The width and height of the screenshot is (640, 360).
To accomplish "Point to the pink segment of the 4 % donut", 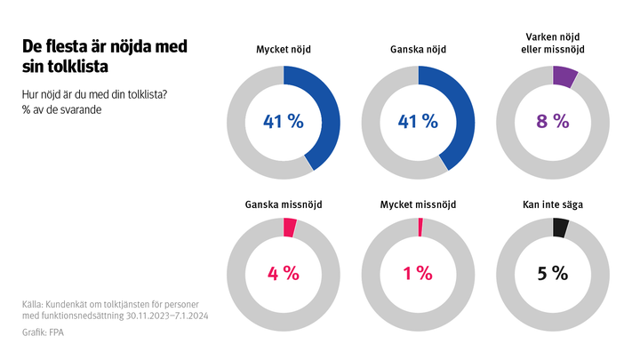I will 290,228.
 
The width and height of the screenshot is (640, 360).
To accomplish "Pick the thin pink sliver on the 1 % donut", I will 420,227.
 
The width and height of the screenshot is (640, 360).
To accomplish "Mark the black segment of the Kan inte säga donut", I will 560,228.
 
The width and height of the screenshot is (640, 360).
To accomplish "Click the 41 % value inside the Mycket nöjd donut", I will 284,122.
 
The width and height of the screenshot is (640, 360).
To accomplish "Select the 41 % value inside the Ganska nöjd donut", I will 418,122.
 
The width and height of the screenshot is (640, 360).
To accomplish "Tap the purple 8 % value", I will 552,122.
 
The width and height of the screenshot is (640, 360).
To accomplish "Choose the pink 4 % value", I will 284,273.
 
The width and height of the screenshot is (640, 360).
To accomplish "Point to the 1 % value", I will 418,273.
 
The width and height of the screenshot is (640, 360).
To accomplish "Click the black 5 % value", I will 552,273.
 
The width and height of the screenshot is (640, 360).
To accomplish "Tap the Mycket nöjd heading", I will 284,51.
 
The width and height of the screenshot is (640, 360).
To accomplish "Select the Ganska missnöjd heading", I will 284,204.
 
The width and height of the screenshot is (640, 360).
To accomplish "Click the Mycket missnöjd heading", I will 418,204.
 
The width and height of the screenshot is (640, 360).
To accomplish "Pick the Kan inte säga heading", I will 552,204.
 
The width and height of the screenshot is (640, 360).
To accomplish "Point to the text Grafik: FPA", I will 44,333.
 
